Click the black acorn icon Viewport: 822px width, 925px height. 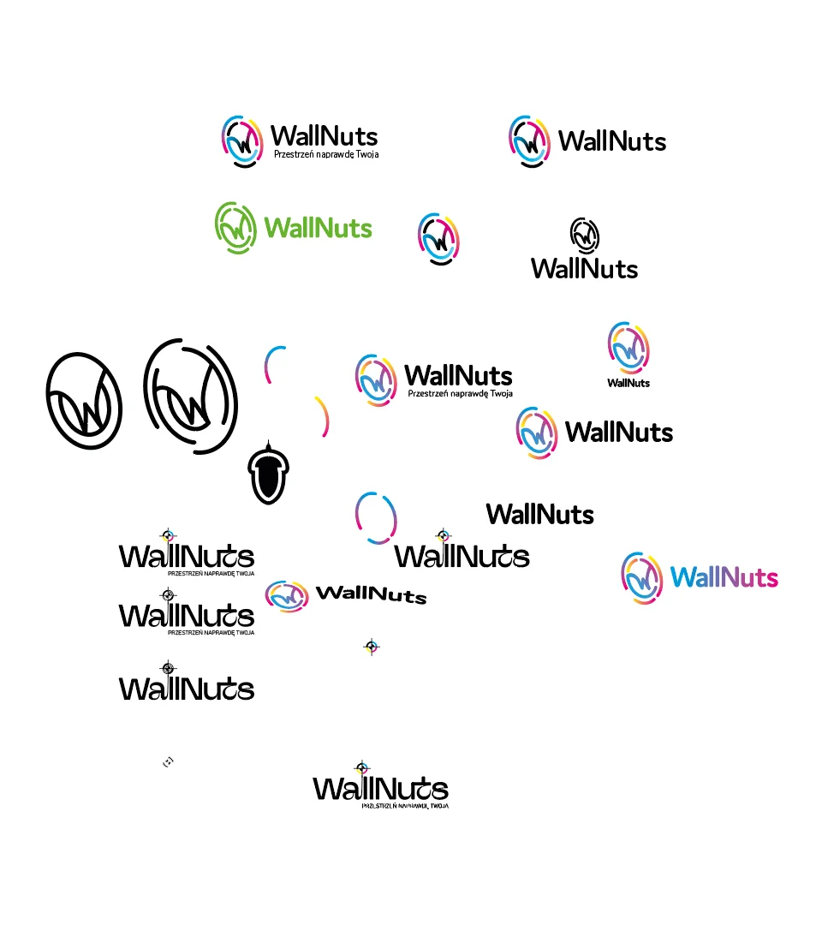pos(267,474)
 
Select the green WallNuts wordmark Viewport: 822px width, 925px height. pos(319,228)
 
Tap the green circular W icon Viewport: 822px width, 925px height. pos(235,227)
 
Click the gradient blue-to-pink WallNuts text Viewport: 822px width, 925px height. pos(724,577)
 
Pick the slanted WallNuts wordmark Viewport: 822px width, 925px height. pos(371,594)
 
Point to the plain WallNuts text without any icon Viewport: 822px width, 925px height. pos(539,514)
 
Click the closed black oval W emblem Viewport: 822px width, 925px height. pos(83,401)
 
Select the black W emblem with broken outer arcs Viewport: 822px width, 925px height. pos(190,395)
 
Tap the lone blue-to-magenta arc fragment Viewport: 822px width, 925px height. pos(272,364)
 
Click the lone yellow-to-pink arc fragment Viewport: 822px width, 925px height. pos(323,416)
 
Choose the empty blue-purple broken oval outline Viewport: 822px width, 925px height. pos(376,517)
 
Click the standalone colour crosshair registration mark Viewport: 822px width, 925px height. pos(371,647)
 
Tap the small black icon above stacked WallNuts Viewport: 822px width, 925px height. pos(585,235)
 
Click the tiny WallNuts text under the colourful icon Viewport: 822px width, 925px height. pos(628,383)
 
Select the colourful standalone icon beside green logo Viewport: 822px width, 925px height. pos(438,238)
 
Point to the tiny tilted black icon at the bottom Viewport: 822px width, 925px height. pos(169,761)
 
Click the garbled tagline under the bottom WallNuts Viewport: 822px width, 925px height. pos(405,806)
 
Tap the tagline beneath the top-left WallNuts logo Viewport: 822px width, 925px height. pos(325,155)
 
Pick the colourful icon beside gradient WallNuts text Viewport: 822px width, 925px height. pos(642,578)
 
